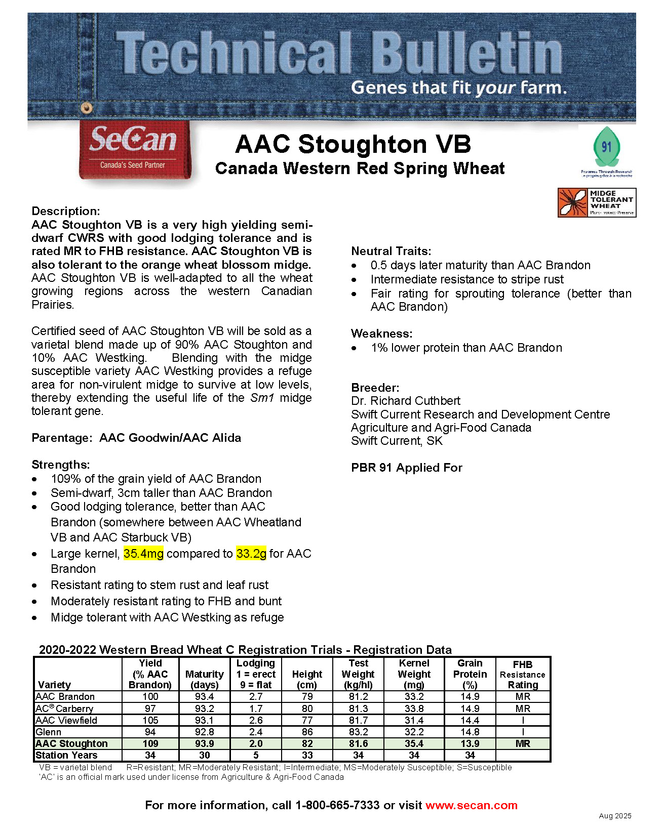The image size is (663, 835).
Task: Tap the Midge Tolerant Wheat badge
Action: [597, 202]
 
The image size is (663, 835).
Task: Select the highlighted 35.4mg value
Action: [143, 554]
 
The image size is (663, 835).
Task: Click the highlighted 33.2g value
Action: [251, 554]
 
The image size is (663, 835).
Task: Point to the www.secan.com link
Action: [471, 805]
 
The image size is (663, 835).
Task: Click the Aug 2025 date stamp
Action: [615, 816]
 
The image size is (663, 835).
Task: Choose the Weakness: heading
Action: [381, 333]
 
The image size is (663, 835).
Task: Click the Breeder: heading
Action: [375, 388]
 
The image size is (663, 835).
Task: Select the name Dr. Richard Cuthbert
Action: [405, 401]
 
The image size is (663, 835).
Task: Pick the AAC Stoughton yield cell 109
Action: [150, 743]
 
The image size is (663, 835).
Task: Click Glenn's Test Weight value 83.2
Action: [358, 732]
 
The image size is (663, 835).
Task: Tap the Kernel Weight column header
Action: [414, 674]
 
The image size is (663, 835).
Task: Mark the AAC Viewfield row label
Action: [66, 720]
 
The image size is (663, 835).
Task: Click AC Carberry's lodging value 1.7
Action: [256, 708]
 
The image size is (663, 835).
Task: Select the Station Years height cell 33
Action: [307, 755]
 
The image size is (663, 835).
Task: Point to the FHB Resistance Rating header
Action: [523, 675]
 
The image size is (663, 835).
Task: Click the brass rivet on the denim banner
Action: [87, 107]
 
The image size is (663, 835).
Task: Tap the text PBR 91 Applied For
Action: [406, 468]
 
